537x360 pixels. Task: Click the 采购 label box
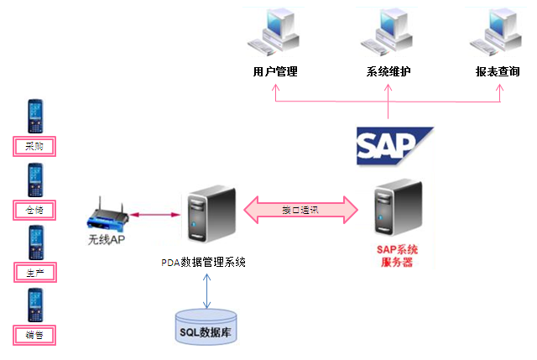[x=34, y=147]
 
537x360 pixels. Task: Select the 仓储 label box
[x=34, y=209]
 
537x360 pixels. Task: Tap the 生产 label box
[x=34, y=272]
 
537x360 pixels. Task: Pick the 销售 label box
[x=34, y=335]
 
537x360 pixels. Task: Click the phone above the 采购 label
[x=34, y=117]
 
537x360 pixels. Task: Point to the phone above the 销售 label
[x=34, y=305]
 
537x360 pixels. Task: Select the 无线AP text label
[x=107, y=239]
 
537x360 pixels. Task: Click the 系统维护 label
[x=388, y=72]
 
